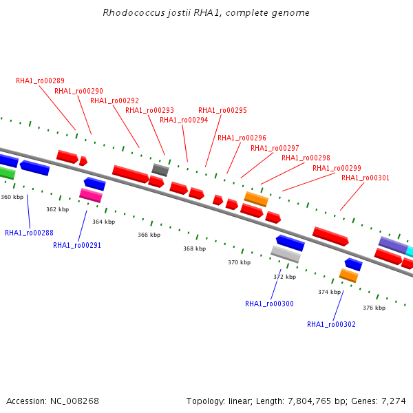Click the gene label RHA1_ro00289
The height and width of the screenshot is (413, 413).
pos(40,81)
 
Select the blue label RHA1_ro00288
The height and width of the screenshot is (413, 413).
pos(29,233)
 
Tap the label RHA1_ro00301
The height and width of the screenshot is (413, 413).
pos(366,178)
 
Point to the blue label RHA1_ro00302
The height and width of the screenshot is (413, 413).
pos(331,324)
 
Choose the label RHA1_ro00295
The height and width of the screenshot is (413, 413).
pos(222,110)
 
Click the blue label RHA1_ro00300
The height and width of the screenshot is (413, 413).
pos(269,304)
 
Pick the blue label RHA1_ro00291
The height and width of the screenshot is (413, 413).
pos(77,245)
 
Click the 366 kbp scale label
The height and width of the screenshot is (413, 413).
pos(149,235)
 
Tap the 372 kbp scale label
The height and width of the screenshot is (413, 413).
pos(285,277)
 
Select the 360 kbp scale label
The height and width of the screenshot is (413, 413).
pos(12,197)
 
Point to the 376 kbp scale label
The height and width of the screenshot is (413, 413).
pos(374,308)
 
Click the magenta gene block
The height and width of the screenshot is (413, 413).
pos(91,195)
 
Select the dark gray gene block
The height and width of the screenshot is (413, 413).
pos(160,170)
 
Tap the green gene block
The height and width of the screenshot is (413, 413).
pos(7,173)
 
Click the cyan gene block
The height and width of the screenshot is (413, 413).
pos(410,251)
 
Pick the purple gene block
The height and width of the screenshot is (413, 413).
pos(393,245)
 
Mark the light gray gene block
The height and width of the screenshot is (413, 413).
pos(286,254)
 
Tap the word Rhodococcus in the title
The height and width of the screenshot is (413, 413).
pos(134,12)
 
